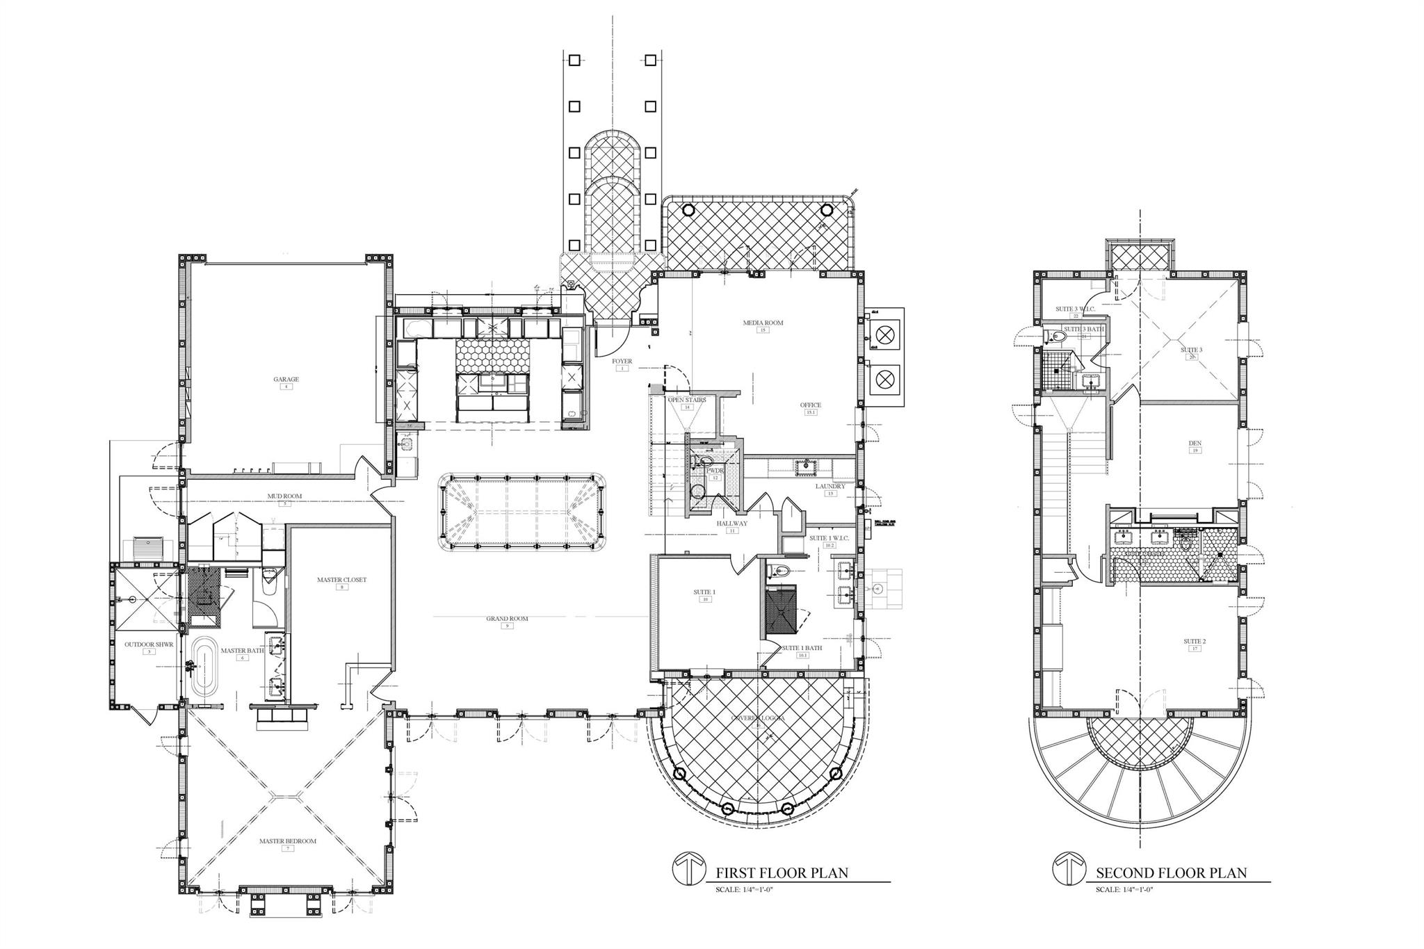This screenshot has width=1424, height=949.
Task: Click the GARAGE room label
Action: (286, 380)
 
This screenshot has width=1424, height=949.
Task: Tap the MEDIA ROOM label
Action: (763, 323)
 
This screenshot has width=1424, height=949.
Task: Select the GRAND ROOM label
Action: (507, 618)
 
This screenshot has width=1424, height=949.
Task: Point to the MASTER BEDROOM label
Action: (287, 841)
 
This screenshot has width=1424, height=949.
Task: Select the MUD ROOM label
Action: (284, 496)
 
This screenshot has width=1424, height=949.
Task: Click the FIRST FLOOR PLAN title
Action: (782, 873)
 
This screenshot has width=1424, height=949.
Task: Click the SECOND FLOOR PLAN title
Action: (1171, 873)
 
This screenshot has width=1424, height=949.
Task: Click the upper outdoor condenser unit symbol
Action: (884, 336)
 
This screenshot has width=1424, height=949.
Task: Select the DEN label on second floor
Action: (1195, 443)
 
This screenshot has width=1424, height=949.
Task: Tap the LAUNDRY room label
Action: (830, 486)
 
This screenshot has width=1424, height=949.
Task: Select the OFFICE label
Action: (810, 405)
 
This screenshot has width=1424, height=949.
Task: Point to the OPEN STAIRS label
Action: (687, 400)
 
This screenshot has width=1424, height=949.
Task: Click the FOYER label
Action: (622, 362)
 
